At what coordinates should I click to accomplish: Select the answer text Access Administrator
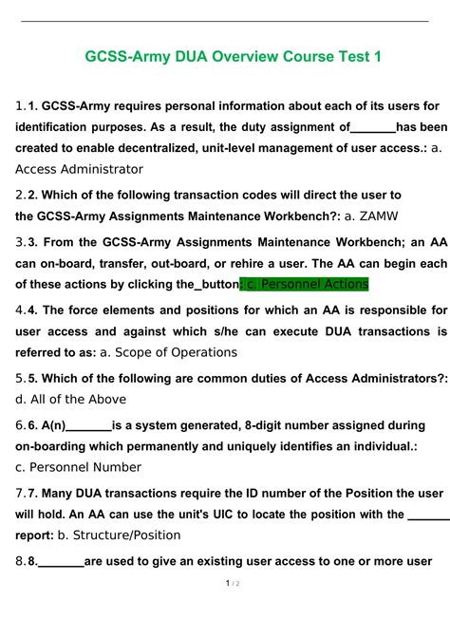click(x=80, y=169)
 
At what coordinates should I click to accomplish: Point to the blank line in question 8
click(x=61, y=560)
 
